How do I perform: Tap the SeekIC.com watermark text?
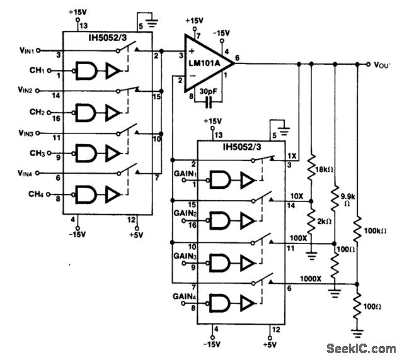[362, 348]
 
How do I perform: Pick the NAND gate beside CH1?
[85, 72]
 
